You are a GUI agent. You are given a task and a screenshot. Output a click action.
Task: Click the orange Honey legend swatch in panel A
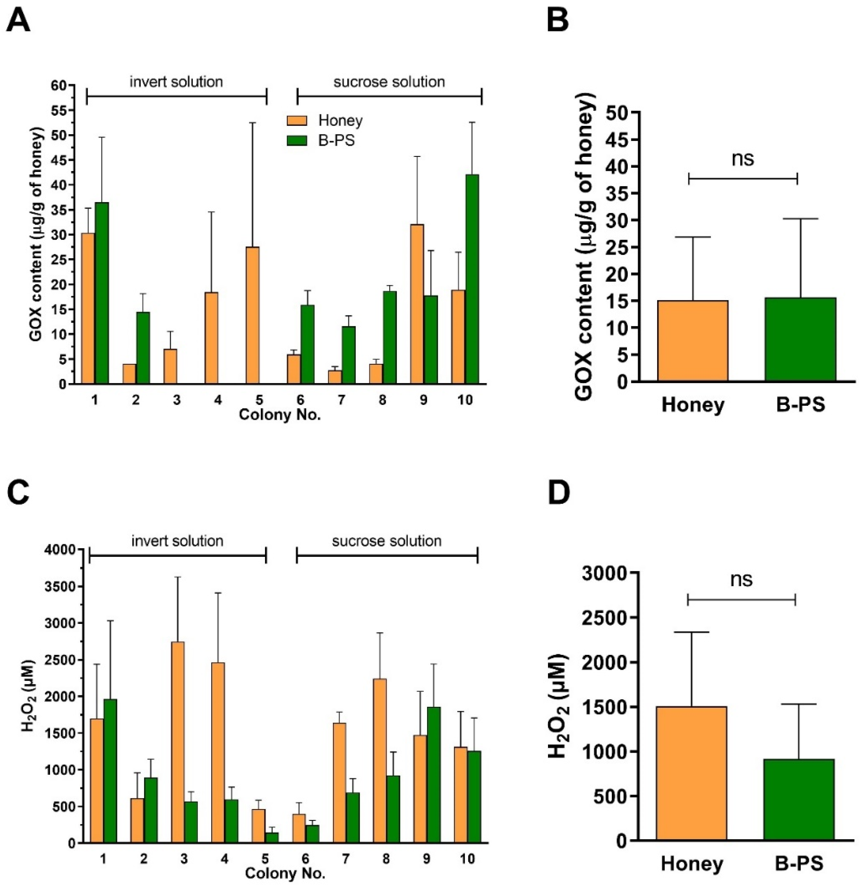297,121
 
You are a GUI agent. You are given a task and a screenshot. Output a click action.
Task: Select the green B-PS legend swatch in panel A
297,140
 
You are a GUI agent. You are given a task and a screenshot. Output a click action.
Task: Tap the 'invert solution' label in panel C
177,541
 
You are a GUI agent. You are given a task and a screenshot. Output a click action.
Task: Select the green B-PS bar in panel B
800,340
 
